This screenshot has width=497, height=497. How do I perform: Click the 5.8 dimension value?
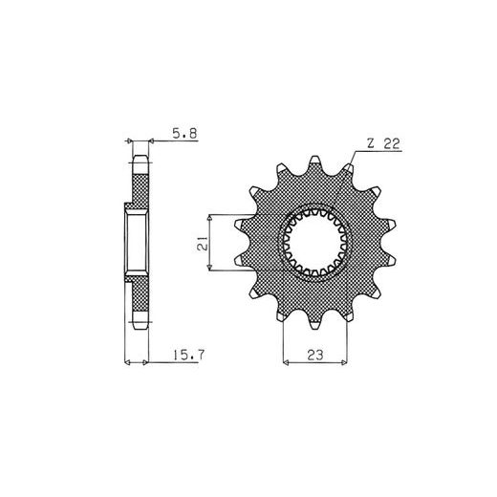coord(184,133)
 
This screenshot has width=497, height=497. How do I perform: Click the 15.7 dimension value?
coord(188,355)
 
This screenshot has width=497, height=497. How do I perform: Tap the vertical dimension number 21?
coord(203,243)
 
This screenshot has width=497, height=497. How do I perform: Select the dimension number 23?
coord(315,355)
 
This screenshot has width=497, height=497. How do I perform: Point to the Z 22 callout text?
coord(383,143)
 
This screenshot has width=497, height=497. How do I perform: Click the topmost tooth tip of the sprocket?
coord(314,159)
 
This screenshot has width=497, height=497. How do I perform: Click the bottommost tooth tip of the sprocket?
coord(314,326)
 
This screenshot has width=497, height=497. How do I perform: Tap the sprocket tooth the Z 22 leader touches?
coord(349,167)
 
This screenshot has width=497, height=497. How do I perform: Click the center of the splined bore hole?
coord(314,243)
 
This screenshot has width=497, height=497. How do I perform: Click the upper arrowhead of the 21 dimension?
coord(209,217)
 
